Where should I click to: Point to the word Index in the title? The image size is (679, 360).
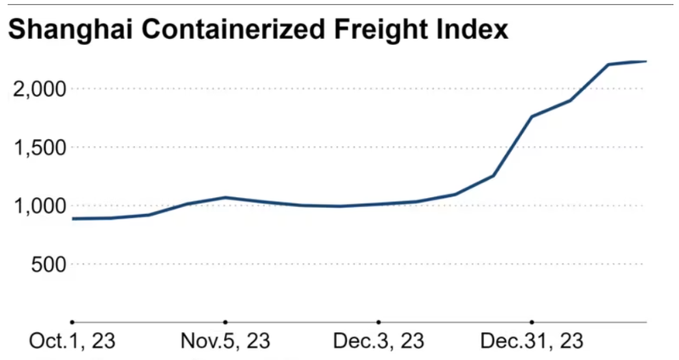point(474,31)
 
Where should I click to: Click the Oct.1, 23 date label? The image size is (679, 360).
point(72,341)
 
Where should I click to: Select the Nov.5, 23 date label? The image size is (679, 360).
point(226,341)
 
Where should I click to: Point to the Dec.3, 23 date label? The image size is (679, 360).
point(379,341)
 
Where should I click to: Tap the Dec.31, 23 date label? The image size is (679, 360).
point(531,341)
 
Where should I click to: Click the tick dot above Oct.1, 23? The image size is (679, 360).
point(72,323)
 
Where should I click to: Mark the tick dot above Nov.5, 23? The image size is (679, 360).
point(226,323)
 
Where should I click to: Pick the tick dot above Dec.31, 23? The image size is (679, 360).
point(531,323)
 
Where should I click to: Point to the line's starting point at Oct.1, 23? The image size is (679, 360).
point(73,218)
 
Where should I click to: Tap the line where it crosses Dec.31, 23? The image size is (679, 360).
point(531,116)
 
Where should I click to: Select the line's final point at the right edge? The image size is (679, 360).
point(646,61)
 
